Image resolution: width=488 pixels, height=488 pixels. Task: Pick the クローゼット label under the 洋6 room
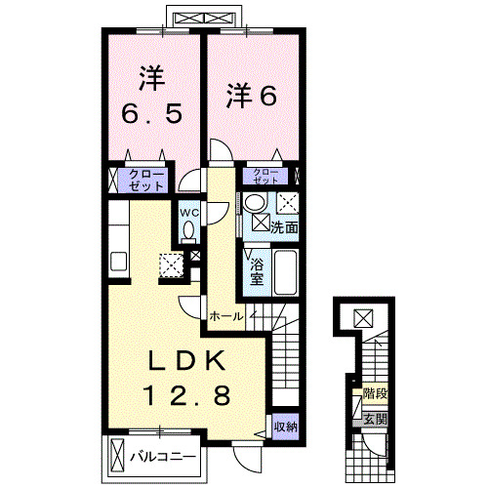point(266,176)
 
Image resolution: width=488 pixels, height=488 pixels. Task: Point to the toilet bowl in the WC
point(188,230)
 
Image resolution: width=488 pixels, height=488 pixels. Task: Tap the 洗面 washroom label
point(284,225)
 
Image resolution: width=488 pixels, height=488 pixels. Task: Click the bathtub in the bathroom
point(285,272)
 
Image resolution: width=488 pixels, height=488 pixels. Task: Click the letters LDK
point(189,362)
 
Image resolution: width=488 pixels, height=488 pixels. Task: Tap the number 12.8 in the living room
point(189,396)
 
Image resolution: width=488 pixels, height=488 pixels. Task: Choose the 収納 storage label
point(285,426)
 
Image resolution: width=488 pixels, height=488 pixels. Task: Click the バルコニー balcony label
point(163,456)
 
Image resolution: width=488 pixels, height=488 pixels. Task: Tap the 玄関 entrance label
point(375,419)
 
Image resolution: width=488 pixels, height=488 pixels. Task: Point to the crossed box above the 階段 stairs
point(362,316)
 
